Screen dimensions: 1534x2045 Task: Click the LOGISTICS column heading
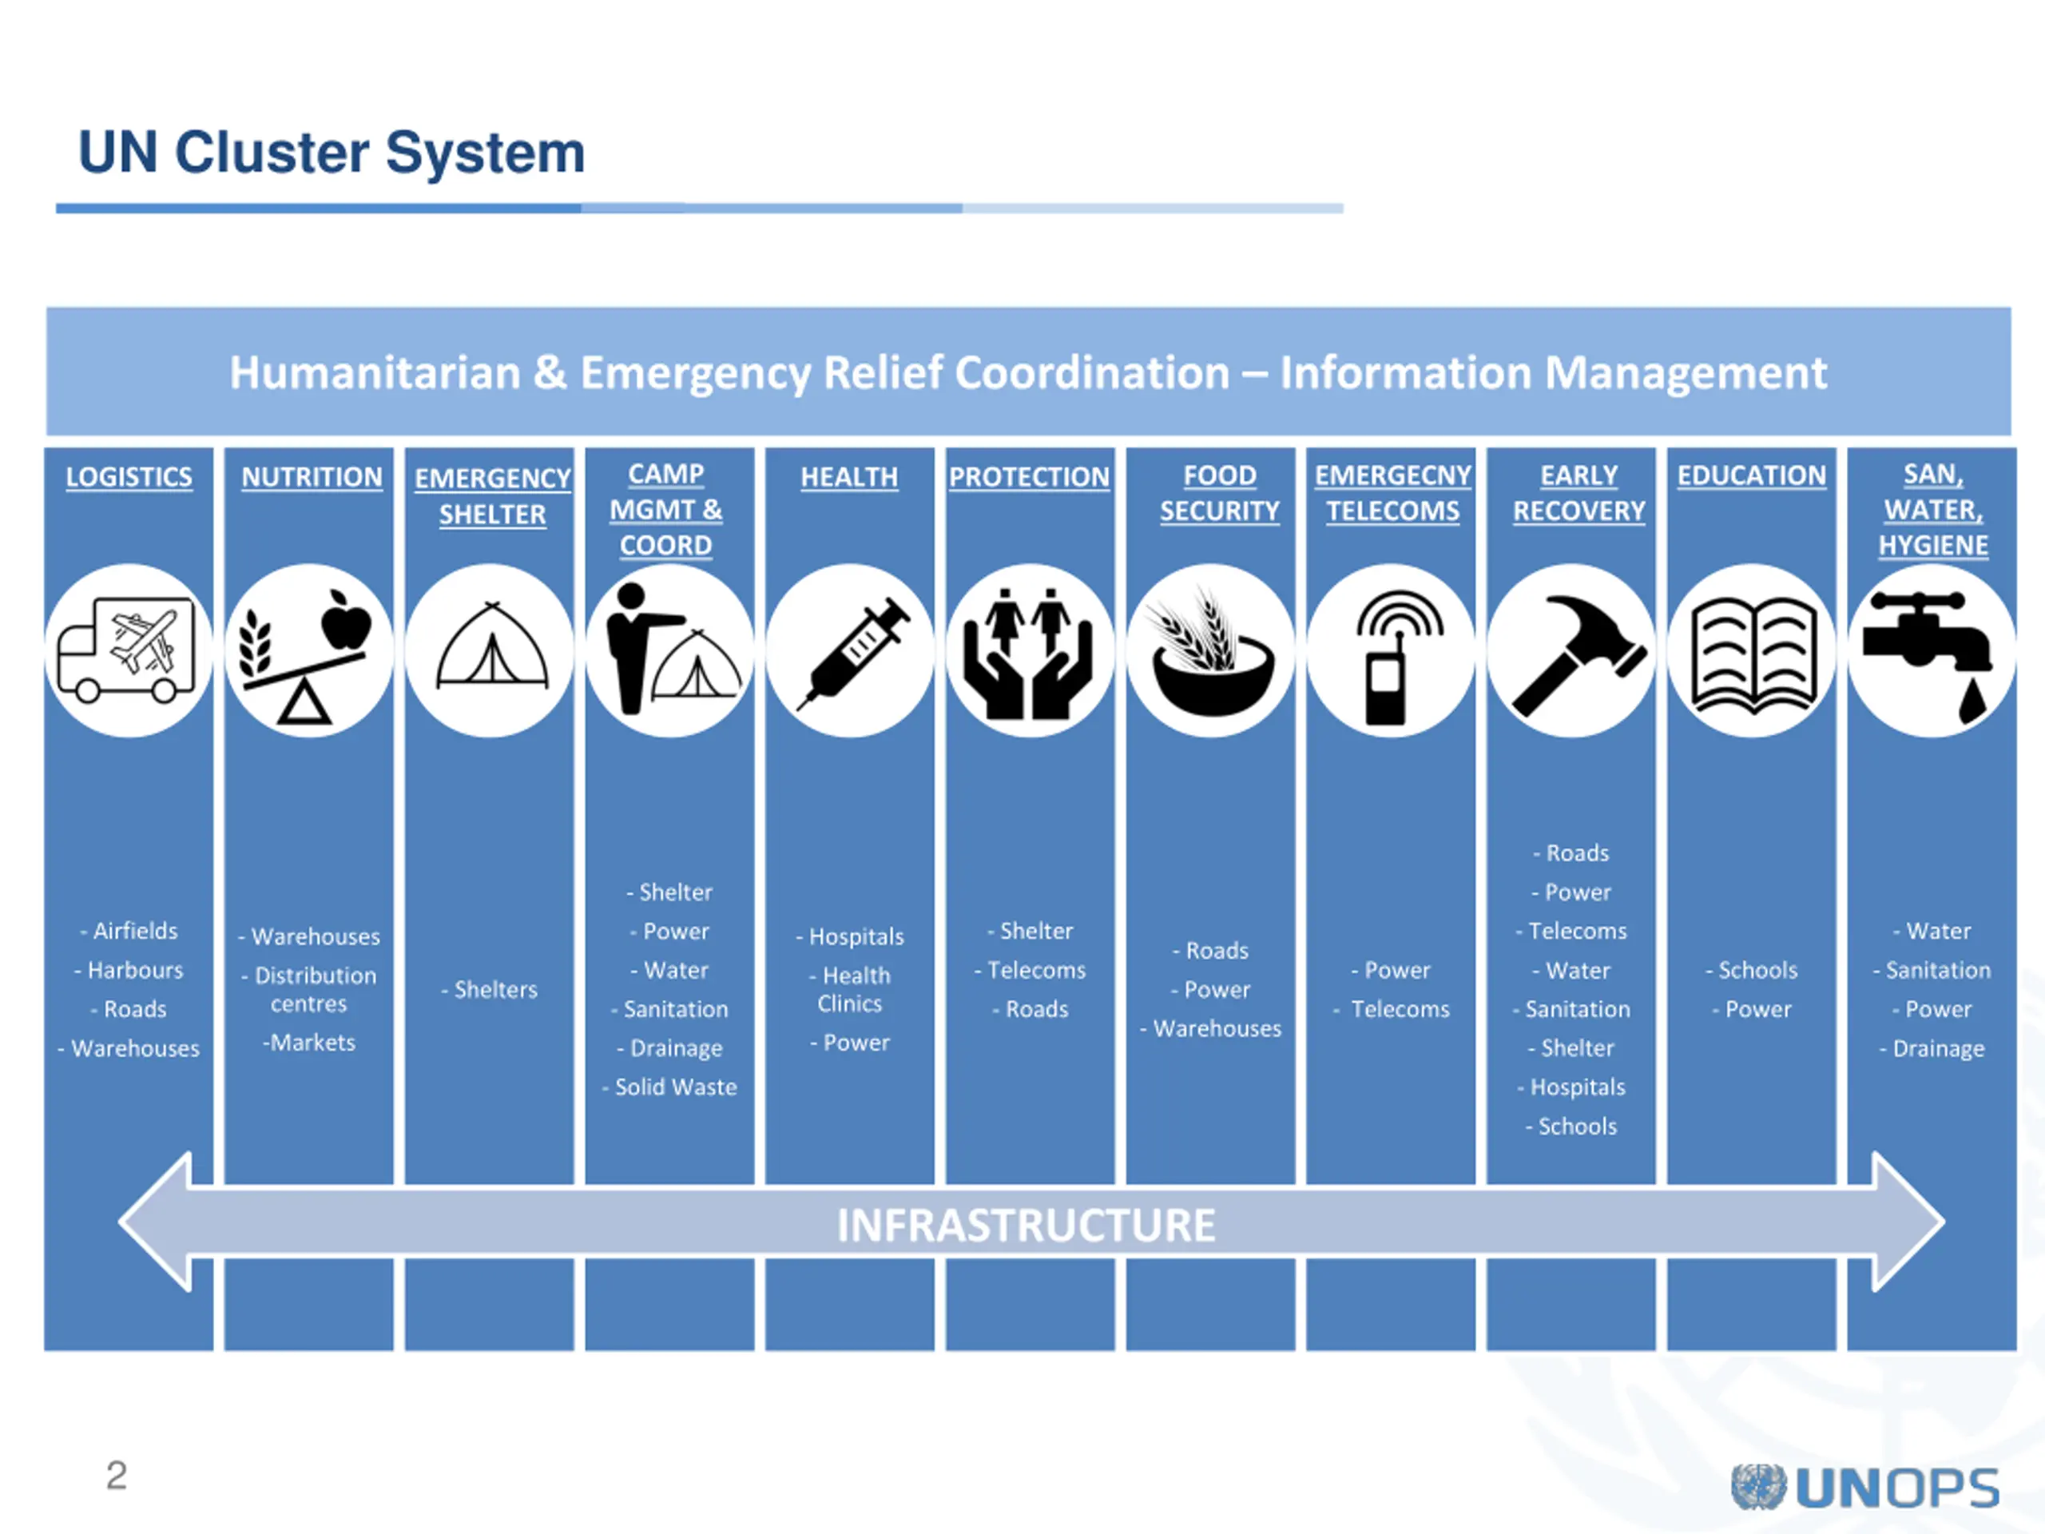(129, 477)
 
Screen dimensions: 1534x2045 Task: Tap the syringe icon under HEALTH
(852, 651)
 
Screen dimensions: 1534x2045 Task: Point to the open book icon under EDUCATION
(1751, 653)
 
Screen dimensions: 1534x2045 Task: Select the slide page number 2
(117, 1475)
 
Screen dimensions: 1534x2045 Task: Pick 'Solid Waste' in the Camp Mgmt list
(675, 1087)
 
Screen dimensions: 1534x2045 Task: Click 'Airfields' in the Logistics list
(134, 931)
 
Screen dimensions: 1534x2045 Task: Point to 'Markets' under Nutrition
(312, 1043)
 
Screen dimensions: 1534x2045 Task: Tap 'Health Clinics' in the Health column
(852, 989)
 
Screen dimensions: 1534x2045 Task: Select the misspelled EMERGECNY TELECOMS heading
(1392, 493)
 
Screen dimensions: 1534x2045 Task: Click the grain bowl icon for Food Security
(1211, 653)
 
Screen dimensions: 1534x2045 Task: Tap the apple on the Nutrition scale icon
(346, 622)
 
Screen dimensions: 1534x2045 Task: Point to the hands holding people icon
(1028, 653)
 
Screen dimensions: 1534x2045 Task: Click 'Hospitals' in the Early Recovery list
(1576, 1087)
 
